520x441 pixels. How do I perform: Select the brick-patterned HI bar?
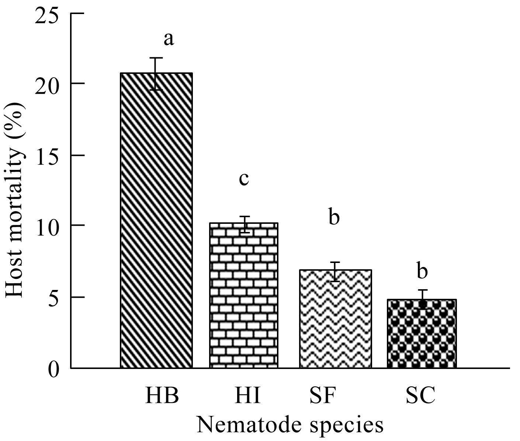(244, 295)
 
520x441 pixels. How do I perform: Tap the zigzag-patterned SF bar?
(335, 319)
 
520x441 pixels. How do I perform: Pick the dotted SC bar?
(422, 334)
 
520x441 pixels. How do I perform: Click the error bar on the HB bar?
(156, 74)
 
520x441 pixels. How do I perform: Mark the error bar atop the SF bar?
(334, 271)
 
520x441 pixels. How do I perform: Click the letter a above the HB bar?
(169, 39)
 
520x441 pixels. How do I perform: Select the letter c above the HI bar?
(244, 179)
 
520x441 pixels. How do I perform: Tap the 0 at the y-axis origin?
(54, 369)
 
